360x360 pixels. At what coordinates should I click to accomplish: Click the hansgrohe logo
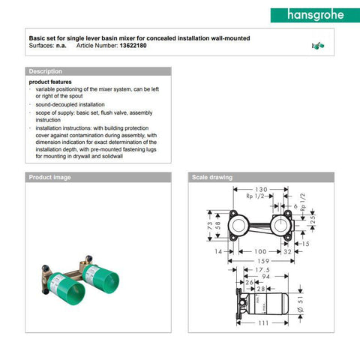pyautogui.click(x=315, y=15)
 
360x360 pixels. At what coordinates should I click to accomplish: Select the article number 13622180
pyautogui.click(x=133, y=46)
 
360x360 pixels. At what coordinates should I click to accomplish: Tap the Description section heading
pyautogui.click(x=46, y=71)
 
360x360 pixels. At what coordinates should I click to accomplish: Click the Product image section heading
pyautogui.click(x=49, y=177)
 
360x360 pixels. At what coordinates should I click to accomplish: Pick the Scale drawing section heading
pyautogui.click(x=212, y=177)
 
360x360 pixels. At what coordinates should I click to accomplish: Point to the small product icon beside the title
pyautogui.click(x=318, y=46)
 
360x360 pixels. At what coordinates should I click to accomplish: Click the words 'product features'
pyautogui.click(x=50, y=82)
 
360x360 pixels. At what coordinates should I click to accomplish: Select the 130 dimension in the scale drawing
pyautogui.click(x=261, y=189)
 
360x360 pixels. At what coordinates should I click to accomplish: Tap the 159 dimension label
pyautogui.click(x=263, y=261)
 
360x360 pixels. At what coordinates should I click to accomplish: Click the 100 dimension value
pyautogui.click(x=260, y=251)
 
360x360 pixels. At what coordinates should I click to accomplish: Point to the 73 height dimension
pyautogui.click(x=210, y=226)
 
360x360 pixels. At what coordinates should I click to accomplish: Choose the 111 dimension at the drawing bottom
pyautogui.click(x=263, y=323)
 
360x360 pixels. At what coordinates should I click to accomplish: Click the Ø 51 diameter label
pyautogui.click(x=301, y=304)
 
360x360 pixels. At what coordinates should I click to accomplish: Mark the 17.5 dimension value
pyautogui.click(x=262, y=270)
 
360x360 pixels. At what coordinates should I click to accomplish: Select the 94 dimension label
pyautogui.click(x=265, y=277)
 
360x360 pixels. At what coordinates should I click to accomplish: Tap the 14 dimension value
pyautogui.click(x=218, y=251)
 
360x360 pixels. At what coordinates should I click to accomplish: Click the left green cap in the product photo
pyautogui.click(x=67, y=288)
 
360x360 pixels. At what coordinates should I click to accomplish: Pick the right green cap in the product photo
pyautogui.click(x=101, y=279)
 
